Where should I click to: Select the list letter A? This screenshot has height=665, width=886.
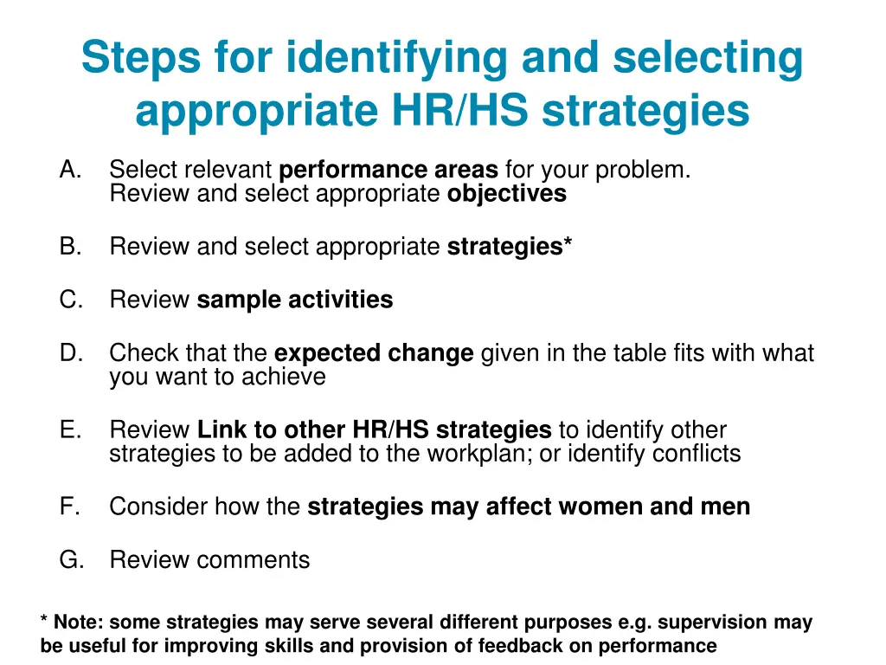pyautogui.click(x=70, y=170)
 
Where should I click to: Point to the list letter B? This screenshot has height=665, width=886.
pyautogui.click(x=70, y=247)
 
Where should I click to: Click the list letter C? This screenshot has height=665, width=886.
pyautogui.click(x=70, y=300)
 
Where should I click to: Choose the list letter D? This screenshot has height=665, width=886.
pyautogui.click(x=70, y=353)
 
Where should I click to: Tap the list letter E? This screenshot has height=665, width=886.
pyautogui.click(x=70, y=429)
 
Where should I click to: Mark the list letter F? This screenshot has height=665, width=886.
pyautogui.click(x=70, y=507)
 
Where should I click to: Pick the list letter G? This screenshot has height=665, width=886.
pyautogui.click(x=71, y=560)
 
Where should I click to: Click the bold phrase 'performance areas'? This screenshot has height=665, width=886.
pyautogui.click(x=388, y=170)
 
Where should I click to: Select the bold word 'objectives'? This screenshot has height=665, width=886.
pyautogui.click(x=506, y=193)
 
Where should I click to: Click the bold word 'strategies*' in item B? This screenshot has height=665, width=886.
pyautogui.click(x=509, y=247)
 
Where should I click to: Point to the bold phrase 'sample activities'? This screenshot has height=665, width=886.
pyautogui.click(x=295, y=300)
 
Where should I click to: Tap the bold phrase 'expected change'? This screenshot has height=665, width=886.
pyautogui.click(x=374, y=353)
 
